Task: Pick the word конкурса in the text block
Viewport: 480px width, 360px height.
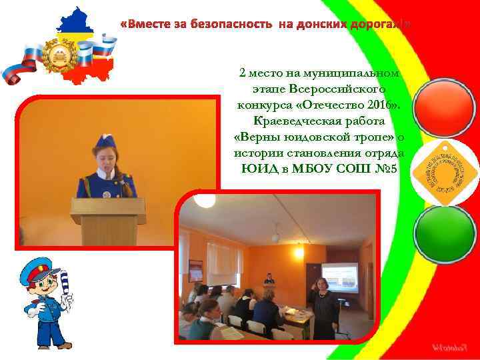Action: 262,105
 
